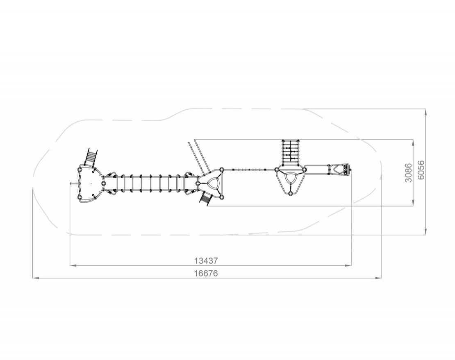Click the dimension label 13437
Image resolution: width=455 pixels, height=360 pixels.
click(206, 261)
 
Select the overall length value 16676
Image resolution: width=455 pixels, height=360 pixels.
click(206, 273)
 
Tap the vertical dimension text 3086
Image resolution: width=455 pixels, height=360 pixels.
click(408, 172)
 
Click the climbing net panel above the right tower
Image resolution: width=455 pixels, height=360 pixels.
click(291, 152)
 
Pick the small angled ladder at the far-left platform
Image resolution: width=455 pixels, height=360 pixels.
click(91, 157)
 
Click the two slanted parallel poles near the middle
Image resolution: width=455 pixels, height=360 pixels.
click(199, 156)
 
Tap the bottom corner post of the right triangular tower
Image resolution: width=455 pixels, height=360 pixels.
click(290, 193)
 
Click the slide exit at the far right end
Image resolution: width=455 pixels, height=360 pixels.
click(340, 170)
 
